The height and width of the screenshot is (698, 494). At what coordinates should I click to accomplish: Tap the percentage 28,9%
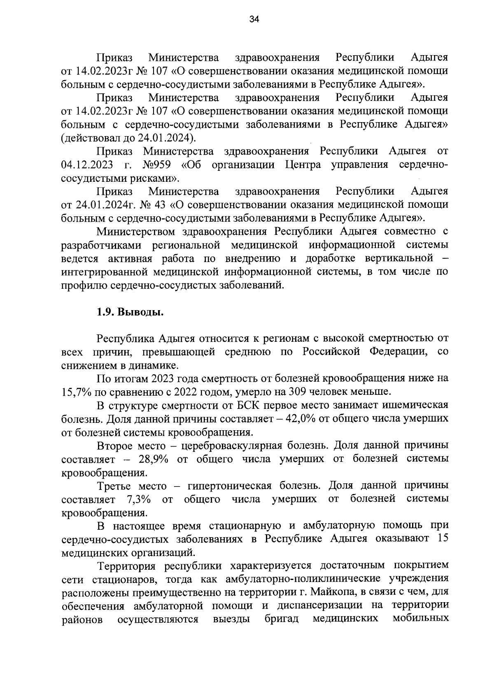coord(154,459)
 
